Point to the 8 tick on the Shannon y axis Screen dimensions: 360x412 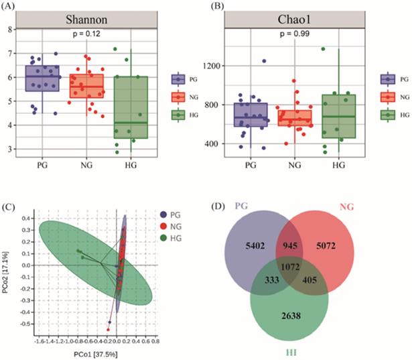pos(11,29)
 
